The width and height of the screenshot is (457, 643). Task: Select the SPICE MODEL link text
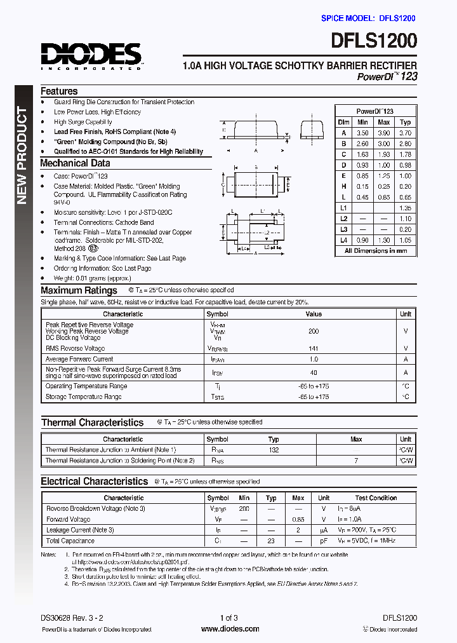pos(368,19)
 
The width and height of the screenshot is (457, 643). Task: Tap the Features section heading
pos(59,91)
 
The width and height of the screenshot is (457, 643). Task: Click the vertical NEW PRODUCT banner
pos(22,156)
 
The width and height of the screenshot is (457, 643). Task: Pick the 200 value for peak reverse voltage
pos(313,331)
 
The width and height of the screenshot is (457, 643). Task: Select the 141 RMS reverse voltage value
pos(313,348)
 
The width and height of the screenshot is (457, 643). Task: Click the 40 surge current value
pos(313,372)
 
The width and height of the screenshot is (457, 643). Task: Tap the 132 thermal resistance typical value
pos(274,449)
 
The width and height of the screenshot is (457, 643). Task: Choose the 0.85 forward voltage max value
pos(298,519)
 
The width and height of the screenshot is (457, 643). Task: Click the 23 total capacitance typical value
pos(271,541)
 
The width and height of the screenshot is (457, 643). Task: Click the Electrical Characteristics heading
pos(94,482)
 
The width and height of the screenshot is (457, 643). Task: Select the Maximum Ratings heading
pos(79,290)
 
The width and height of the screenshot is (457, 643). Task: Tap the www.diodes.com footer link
pos(229,629)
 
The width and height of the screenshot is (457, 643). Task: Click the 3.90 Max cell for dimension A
pos(383,133)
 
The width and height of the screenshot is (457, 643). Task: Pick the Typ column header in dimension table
pos(406,122)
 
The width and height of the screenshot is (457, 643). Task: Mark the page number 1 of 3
pos(228,618)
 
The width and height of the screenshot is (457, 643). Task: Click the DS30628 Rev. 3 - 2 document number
pos(76,618)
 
